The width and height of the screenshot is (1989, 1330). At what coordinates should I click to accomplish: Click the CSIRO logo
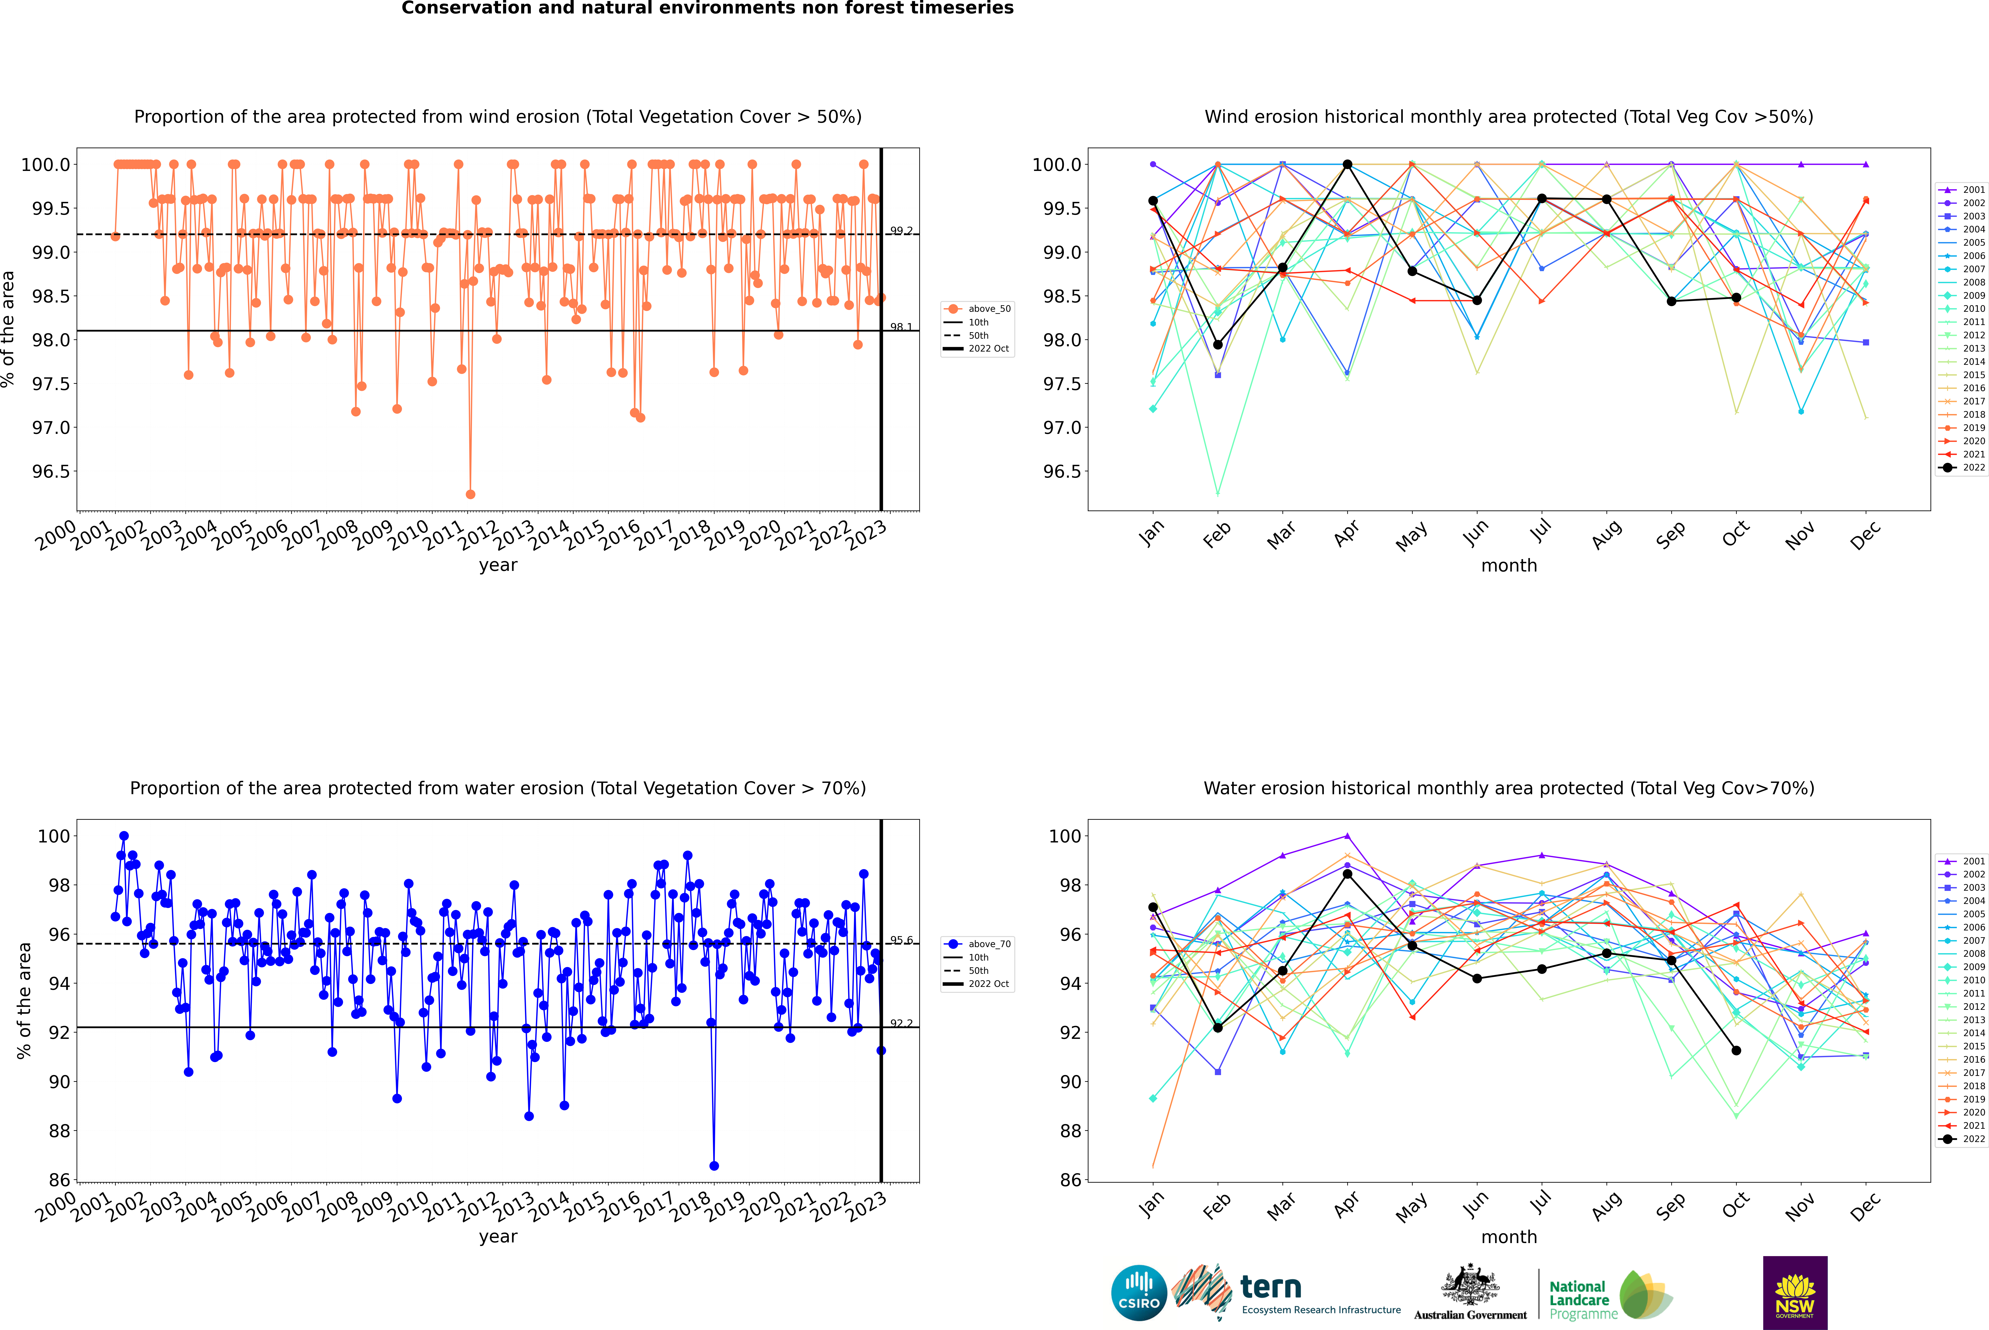tap(1139, 1293)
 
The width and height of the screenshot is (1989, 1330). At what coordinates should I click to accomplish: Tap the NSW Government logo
tap(1795, 1293)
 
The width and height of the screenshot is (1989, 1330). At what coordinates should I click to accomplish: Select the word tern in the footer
tap(1270, 1287)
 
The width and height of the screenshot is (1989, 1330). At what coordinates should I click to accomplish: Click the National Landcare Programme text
tap(1579, 1299)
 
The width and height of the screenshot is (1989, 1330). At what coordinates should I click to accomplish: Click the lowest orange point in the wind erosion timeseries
tap(470, 494)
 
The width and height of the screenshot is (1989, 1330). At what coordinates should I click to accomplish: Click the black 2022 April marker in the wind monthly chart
tap(1347, 165)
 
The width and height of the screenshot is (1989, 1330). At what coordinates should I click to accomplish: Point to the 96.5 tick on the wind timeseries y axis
tap(51, 472)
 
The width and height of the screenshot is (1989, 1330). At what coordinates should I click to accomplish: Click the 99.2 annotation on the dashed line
tap(901, 231)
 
